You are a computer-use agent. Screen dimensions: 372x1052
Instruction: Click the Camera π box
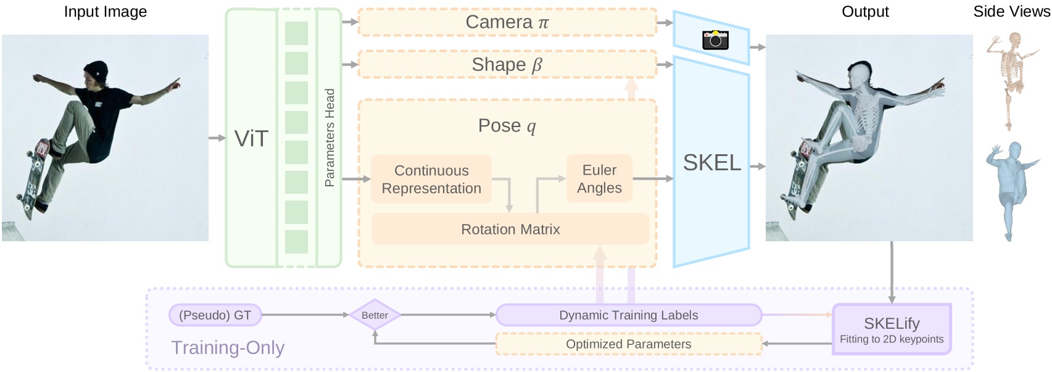point(507,22)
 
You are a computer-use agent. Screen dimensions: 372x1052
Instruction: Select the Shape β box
point(507,64)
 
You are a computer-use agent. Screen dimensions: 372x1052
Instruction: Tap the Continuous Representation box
point(431,179)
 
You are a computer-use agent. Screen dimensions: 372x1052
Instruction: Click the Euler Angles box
point(599,178)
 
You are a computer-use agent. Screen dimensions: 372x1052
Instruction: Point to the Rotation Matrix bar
point(510,229)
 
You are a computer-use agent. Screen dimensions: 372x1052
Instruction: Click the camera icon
point(715,39)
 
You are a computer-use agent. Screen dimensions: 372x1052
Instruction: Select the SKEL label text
point(712,163)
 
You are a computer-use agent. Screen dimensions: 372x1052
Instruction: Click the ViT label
point(251,139)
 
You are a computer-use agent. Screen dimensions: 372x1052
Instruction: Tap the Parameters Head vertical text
point(329,138)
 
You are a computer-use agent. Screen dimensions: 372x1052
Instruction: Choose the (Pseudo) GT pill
point(215,315)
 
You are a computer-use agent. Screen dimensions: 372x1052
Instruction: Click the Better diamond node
point(375,315)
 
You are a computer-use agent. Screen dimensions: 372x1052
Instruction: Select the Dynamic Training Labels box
point(628,315)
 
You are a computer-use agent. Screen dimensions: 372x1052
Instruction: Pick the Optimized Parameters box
point(628,344)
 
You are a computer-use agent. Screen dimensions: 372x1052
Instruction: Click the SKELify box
point(892,329)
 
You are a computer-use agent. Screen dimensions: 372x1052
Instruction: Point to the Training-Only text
point(228,347)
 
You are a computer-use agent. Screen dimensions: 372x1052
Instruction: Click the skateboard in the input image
point(34,176)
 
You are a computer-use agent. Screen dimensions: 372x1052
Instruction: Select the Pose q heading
point(507,126)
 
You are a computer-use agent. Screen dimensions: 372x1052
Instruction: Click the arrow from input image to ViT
point(217,138)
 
